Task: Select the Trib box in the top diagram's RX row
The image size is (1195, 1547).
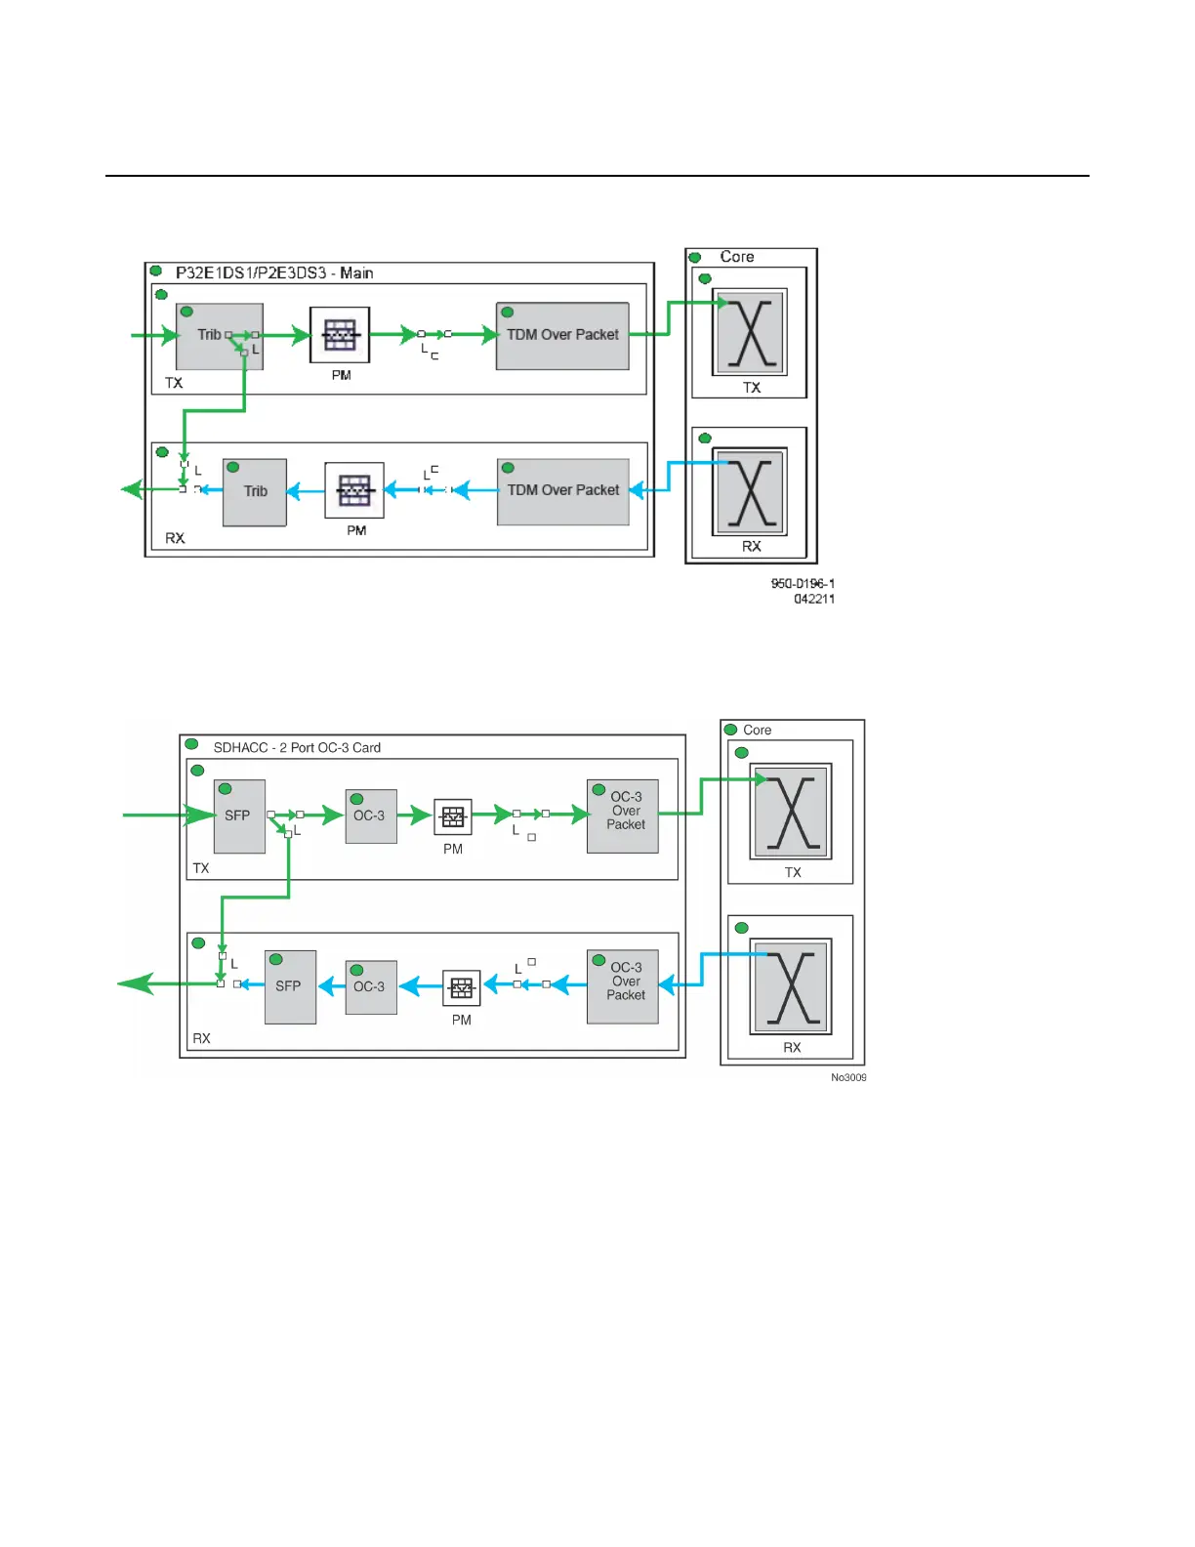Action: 255,492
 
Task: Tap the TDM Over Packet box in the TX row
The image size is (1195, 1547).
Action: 562,336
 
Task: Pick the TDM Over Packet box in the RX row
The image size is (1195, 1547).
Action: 563,491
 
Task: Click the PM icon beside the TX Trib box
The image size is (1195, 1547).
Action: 340,336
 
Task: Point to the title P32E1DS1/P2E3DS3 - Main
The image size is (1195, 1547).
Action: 274,273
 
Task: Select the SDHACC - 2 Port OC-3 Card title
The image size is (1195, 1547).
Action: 297,748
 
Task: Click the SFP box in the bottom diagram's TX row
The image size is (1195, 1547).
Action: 239,816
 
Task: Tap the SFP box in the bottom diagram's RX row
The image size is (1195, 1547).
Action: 290,986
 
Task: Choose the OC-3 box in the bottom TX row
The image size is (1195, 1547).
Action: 371,816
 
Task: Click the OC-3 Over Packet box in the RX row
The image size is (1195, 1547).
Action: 623,986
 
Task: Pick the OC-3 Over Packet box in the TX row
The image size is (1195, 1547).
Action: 623,816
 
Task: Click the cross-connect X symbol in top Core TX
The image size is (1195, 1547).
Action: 750,333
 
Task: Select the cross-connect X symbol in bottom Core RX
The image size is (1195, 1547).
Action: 791,986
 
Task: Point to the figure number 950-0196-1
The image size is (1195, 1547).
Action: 803,584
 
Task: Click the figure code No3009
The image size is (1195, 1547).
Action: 848,1078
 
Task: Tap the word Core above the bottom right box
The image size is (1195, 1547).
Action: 758,731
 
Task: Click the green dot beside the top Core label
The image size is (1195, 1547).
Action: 695,258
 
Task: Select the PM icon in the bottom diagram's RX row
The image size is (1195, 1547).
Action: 462,988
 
